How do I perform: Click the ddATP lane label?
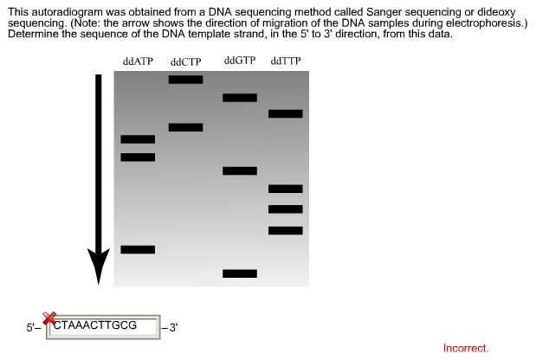138,61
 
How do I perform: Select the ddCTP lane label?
185,62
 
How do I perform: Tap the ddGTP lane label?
240,61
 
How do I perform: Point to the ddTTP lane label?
286,61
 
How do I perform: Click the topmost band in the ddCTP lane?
185,80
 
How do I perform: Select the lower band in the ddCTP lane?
185,127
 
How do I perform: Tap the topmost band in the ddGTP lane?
240,98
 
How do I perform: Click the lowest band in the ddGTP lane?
240,273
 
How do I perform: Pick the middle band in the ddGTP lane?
240,170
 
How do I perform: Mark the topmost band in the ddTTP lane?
286,113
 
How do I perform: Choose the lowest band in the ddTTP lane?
286,230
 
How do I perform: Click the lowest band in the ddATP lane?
138,249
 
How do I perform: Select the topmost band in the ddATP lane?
138,139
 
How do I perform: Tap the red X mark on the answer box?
49,318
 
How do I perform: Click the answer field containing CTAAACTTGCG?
103,327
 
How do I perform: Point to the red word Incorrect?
466,348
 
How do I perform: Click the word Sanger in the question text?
383,12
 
